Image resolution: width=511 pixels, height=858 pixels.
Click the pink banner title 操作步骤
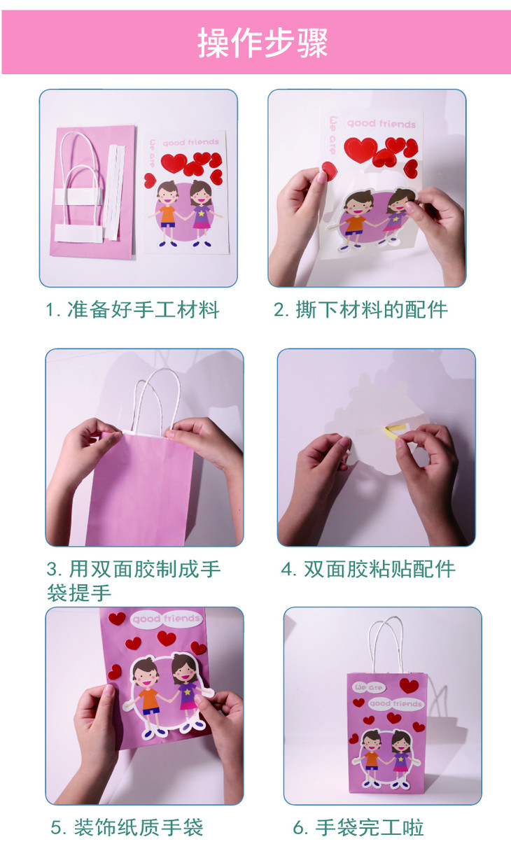(262, 43)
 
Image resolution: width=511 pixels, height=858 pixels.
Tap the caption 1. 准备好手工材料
(132, 309)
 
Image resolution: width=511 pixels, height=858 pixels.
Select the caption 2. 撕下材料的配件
(360, 309)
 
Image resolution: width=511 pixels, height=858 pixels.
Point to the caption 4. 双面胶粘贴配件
(368, 569)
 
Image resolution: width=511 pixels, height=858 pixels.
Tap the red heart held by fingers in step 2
(329, 171)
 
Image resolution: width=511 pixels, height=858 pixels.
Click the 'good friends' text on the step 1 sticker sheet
(190, 143)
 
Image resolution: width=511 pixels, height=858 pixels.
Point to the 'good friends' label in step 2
(381, 123)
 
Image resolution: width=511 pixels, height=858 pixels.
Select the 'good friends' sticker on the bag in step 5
(166, 619)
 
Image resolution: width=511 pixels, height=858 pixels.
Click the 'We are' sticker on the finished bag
(368, 687)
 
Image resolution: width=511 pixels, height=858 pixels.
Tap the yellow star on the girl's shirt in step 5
(188, 692)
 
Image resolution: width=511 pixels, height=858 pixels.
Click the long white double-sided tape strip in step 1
(114, 192)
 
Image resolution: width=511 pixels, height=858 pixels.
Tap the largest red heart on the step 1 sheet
(174, 162)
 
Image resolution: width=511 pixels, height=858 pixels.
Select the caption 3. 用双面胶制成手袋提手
(133, 581)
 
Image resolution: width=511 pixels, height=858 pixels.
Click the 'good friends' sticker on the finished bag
(395, 703)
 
